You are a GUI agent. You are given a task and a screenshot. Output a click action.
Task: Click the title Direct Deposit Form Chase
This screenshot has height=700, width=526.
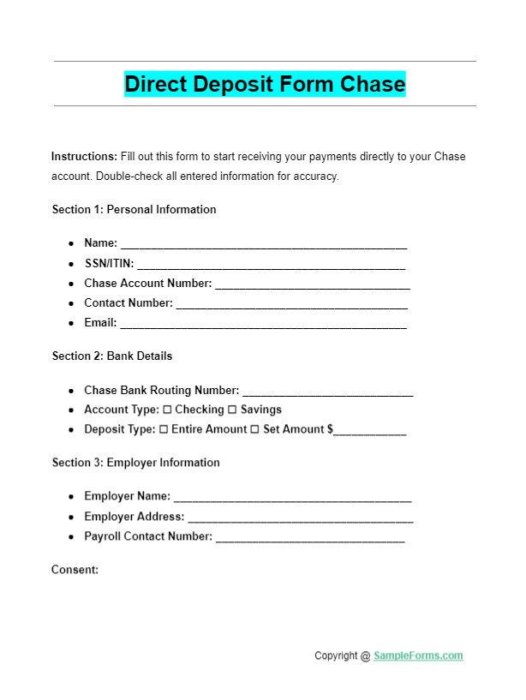[x=265, y=84]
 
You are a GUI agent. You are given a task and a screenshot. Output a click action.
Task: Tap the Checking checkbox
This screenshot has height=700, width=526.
[x=167, y=410]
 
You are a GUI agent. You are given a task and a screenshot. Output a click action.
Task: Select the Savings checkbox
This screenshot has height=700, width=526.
[x=232, y=410]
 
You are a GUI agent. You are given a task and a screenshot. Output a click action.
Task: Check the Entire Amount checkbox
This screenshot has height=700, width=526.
[x=164, y=429]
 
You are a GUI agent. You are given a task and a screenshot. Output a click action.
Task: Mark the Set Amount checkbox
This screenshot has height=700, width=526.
[x=254, y=429]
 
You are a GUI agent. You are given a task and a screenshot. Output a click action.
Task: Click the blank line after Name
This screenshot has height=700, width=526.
[x=263, y=244]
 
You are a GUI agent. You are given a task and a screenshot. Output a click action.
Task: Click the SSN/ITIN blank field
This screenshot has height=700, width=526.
[x=272, y=264]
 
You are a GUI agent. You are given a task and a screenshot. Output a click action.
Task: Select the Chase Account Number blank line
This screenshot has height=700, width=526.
[x=312, y=284]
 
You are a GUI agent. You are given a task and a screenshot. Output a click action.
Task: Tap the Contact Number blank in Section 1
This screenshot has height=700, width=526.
[x=291, y=303]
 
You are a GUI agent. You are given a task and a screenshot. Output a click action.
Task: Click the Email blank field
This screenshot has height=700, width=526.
[x=263, y=324]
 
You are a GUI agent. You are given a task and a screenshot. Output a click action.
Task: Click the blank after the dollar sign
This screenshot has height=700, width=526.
[x=370, y=430]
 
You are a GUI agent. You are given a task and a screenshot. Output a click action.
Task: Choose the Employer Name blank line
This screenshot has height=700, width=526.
[x=292, y=497]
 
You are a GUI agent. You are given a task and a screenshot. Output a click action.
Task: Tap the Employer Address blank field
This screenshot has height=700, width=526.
[x=300, y=518]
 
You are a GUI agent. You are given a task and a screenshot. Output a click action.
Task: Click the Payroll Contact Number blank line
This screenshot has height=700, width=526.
[x=310, y=537]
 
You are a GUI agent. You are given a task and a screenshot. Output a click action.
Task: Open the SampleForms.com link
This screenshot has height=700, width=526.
[x=418, y=656]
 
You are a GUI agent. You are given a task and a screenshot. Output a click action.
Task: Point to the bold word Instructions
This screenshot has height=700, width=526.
[x=84, y=157]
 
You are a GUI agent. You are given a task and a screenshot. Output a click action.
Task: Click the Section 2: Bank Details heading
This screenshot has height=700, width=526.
[x=112, y=356]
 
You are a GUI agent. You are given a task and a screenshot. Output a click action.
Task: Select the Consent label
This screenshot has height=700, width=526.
[x=75, y=569]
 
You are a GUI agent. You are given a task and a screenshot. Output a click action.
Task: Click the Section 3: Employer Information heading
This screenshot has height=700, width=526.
[x=136, y=463]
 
